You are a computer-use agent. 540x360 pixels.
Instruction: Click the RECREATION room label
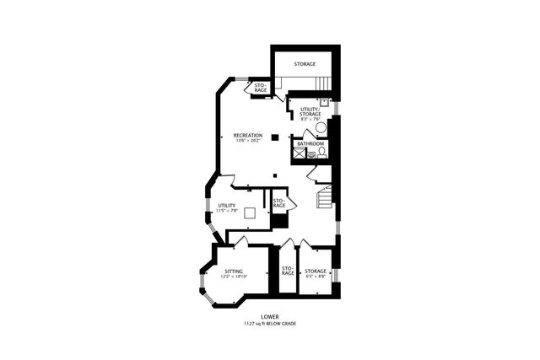point(248,135)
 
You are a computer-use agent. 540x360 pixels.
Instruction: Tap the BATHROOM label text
point(310,143)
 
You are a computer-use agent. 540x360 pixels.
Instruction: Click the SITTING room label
point(235,271)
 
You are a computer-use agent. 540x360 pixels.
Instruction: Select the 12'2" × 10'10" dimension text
point(234,276)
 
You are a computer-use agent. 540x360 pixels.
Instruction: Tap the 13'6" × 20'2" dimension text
point(248,141)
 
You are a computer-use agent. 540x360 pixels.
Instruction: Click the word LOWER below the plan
point(270,317)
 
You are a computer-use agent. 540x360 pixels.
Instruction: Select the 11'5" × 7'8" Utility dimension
point(227,211)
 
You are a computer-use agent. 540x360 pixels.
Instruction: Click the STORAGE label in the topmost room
point(305,64)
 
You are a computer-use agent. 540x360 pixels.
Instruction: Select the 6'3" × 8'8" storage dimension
point(316,276)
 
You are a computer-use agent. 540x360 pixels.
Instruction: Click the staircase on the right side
point(324,201)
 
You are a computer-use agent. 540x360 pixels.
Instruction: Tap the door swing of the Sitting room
point(239,242)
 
